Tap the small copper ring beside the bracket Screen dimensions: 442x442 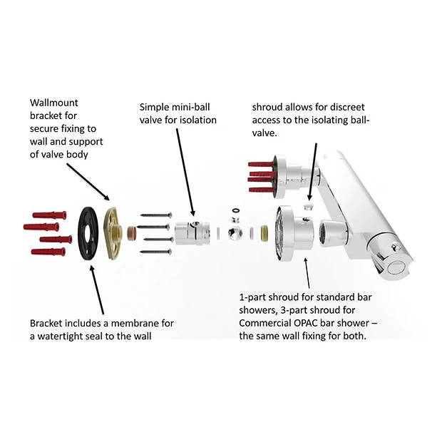coord(132,233)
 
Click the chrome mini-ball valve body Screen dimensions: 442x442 coord(189,232)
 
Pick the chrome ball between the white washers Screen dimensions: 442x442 coord(232,233)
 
